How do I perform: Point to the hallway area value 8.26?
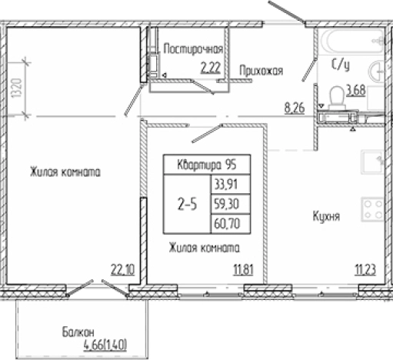pos(295,108)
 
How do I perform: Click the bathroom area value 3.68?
pos(355,90)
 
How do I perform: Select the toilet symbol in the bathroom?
pos(335,95)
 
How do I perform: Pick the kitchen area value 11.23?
pos(365,268)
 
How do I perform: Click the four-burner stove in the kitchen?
pos(373,209)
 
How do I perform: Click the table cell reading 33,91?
pos(225,185)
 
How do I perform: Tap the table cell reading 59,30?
pos(225,205)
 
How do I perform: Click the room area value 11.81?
pos(243,268)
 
